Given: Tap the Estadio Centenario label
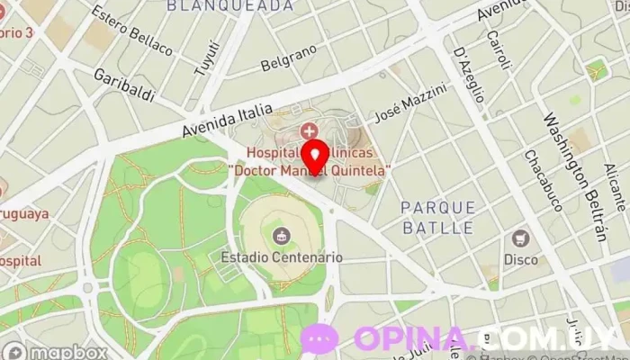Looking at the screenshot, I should [x=282, y=256].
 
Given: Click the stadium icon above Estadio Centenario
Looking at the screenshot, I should [x=282, y=237].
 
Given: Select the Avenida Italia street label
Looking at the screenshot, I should [x=227, y=121].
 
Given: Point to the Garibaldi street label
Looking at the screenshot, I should [x=124, y=85].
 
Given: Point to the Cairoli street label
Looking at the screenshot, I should [x=498, y=49].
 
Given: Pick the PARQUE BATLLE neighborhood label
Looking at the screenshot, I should [x=438, y=218].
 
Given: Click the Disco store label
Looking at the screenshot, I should [x=520, y=259].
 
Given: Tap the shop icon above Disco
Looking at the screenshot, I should [x=520, y=239].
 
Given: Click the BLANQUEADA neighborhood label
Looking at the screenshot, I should [x=230, y=5].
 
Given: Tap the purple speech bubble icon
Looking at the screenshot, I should [x=319, y=339].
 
